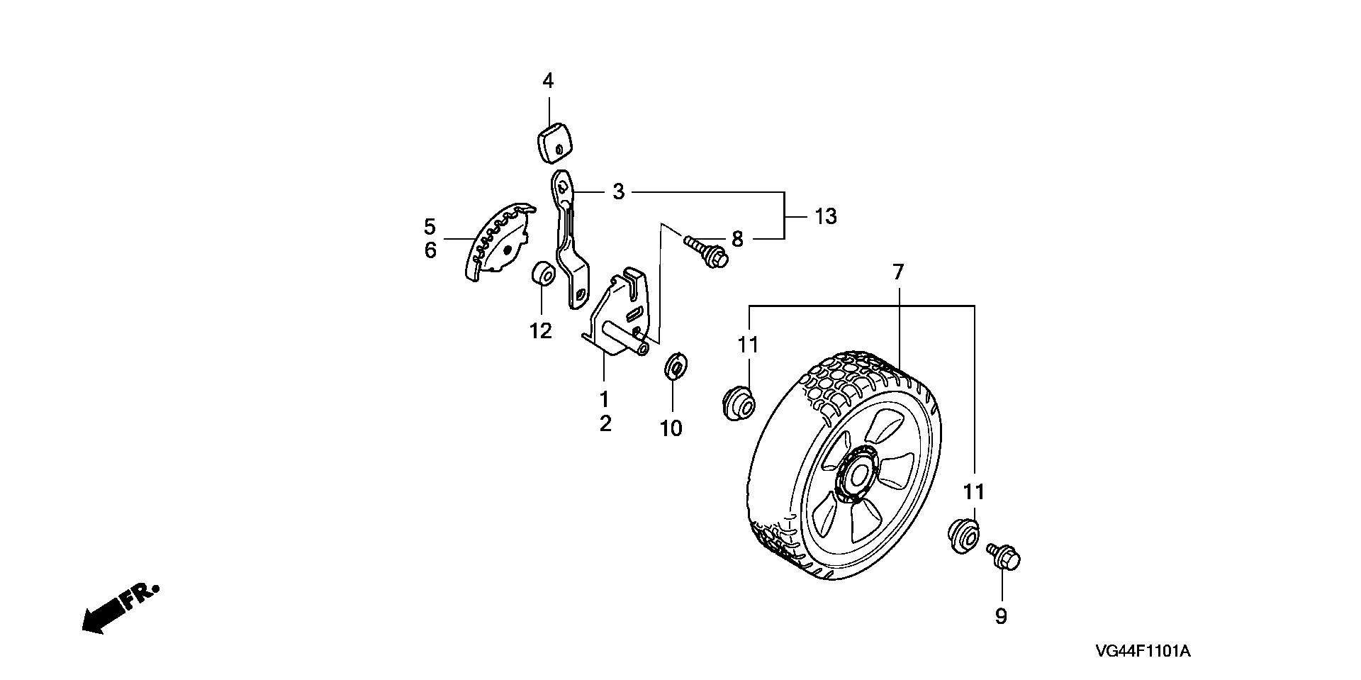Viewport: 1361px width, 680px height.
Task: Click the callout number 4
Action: tap(548, 81)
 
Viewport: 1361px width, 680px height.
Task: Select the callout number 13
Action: tap(825, 216)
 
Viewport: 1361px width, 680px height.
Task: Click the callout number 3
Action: tap(618, 191)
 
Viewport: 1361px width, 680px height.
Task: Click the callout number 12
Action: tap(540, 330)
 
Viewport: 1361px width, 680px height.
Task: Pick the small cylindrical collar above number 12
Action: tap(543, 274)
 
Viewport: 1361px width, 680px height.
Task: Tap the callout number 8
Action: tap(737, 239)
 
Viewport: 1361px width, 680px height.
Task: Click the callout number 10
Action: tap(671, 428)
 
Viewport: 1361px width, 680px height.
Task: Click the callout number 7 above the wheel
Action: tap(897, 272)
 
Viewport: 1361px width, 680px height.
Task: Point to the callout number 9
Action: tap(1000, 616)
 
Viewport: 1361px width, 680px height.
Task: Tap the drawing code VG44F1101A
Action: tap(1142, 651)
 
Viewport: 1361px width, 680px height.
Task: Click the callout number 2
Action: tap(605, 423)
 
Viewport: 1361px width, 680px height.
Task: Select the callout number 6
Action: tap(430, 250)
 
